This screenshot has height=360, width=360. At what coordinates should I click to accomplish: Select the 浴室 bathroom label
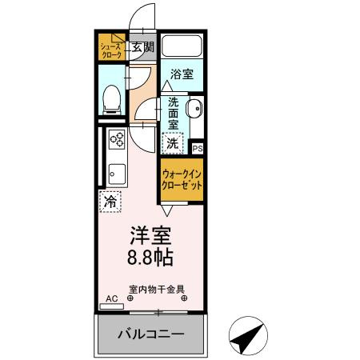tap(182, 74)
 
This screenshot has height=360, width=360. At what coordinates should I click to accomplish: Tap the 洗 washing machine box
tap(173, 144)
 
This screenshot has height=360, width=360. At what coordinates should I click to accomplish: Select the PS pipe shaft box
tap(198, 148)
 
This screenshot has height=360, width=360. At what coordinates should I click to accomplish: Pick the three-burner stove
tap(117, 142)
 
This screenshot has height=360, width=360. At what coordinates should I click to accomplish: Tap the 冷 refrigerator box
tap(110, 202)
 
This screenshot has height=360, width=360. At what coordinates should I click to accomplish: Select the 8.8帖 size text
tap(149, 258)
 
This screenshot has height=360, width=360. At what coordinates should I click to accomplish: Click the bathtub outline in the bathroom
tap(182, 45)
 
